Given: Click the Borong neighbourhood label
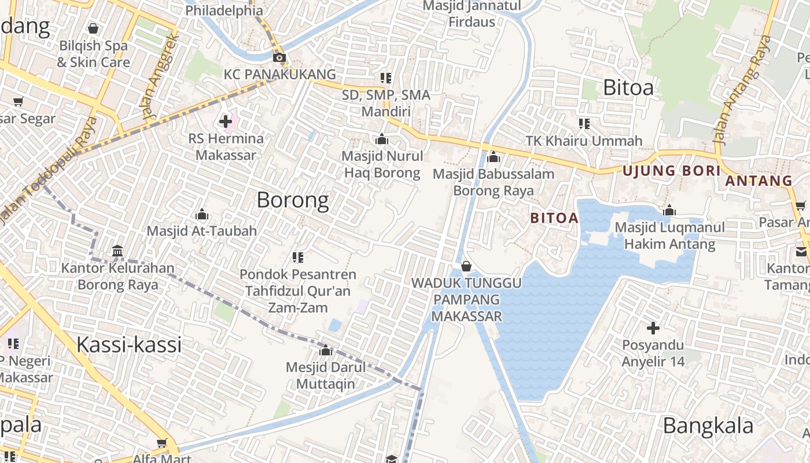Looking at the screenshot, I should point(293,200).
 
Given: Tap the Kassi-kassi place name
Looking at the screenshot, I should point(129,345).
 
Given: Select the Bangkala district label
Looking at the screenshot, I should point(708,426).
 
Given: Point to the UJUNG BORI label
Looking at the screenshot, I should point(672,171).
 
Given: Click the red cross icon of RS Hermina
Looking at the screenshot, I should point(226,122).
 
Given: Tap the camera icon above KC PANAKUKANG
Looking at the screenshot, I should point(279,57).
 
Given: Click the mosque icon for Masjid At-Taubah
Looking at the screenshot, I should point(202,215).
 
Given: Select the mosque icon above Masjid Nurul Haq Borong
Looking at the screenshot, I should point(382,139).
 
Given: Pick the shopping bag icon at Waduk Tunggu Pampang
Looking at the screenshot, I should point(466,266).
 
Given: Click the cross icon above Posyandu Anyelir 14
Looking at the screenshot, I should point(653,329).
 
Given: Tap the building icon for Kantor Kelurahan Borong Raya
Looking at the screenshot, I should point(117,251).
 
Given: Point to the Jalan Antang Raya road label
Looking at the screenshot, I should point(744,90).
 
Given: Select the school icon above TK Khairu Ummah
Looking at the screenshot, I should point(584,124).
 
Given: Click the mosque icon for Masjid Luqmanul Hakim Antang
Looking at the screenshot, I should point(669,211).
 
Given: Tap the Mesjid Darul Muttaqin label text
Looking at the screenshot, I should point(325,376).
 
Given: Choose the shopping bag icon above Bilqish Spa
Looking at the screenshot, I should point(93,28).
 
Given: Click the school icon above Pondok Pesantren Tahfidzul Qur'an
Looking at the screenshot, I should point(298,258).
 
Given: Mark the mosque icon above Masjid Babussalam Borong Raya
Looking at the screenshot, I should point(494,157).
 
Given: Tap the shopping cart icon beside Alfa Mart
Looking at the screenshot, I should point(162,443).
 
